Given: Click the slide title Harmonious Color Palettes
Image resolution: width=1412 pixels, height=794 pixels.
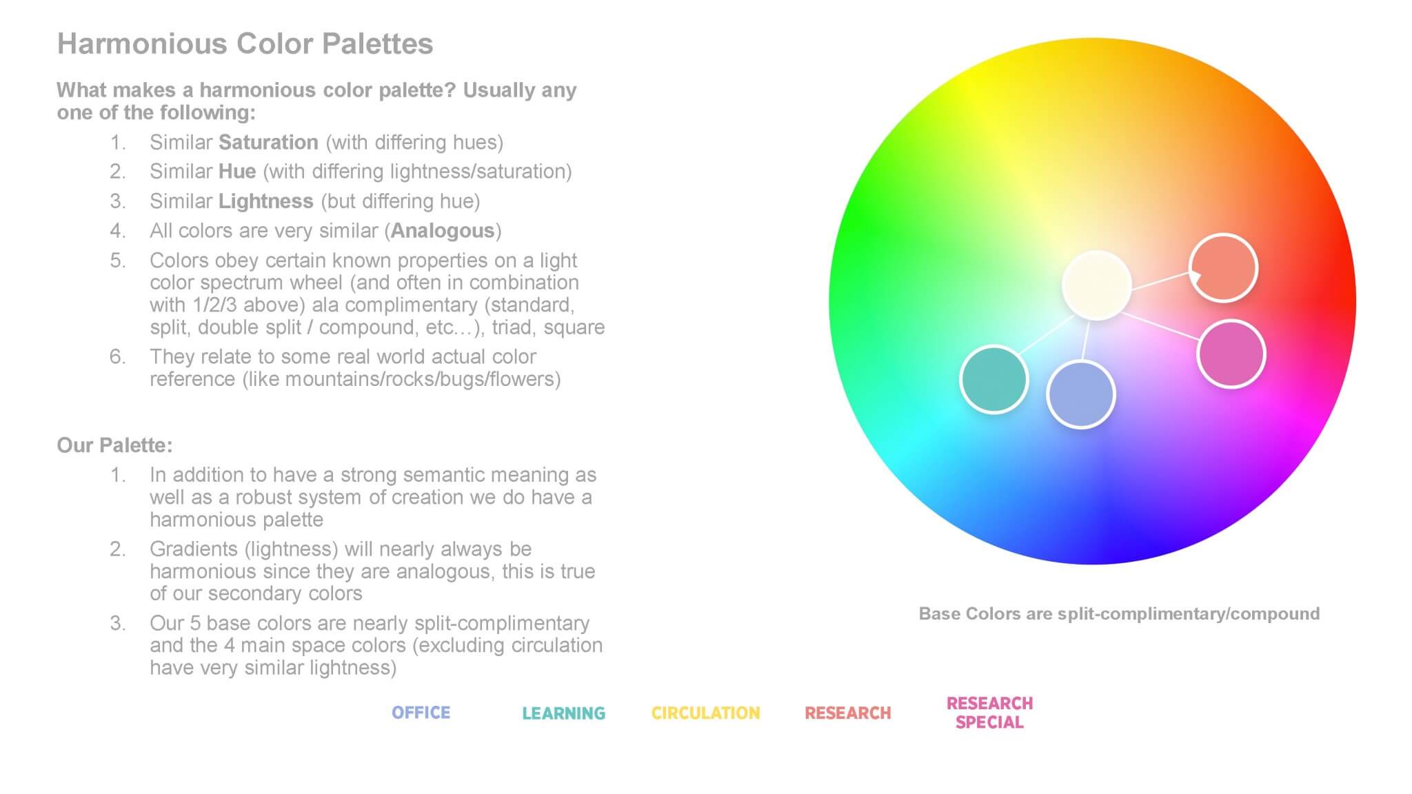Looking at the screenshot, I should (x=245, y=43).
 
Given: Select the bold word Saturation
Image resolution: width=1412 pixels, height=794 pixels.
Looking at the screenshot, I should (x=268, y=142).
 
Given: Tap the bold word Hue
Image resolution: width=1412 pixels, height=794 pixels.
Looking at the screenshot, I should (x=237, y=171).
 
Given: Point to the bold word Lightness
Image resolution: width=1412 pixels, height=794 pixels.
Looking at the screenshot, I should (x=265, y=201).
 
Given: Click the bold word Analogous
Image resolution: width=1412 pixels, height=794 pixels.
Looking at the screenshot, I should (x=443, y=230).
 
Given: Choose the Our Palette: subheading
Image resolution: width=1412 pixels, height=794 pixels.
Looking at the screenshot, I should (x=114, y=445).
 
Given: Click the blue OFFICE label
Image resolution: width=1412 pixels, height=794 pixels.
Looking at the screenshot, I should (x=421, y=713).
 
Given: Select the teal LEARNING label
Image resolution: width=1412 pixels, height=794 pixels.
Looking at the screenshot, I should (x=563, y=713).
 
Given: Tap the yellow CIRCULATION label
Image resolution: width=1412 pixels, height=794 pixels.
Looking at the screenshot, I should (x=705, y=713).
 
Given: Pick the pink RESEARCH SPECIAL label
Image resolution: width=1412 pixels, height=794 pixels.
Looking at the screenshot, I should (x=989, y=713).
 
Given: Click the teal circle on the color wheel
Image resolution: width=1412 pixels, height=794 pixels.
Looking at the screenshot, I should (x=994, y=379).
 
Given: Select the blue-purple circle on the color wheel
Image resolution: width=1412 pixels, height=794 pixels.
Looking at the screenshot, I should (x=1080, y=394).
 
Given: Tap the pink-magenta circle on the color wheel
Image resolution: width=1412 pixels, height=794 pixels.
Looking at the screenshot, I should (x=1231, y=354).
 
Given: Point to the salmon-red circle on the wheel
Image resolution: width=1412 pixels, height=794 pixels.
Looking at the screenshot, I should (x=1224, y=268).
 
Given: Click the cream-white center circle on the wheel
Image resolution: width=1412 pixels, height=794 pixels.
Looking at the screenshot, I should (x=1096, y=285).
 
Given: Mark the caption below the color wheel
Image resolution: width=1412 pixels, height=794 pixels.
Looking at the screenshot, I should (x=1118, y=613).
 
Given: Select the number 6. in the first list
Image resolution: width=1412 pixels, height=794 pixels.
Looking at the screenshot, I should (x=117, y=356).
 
